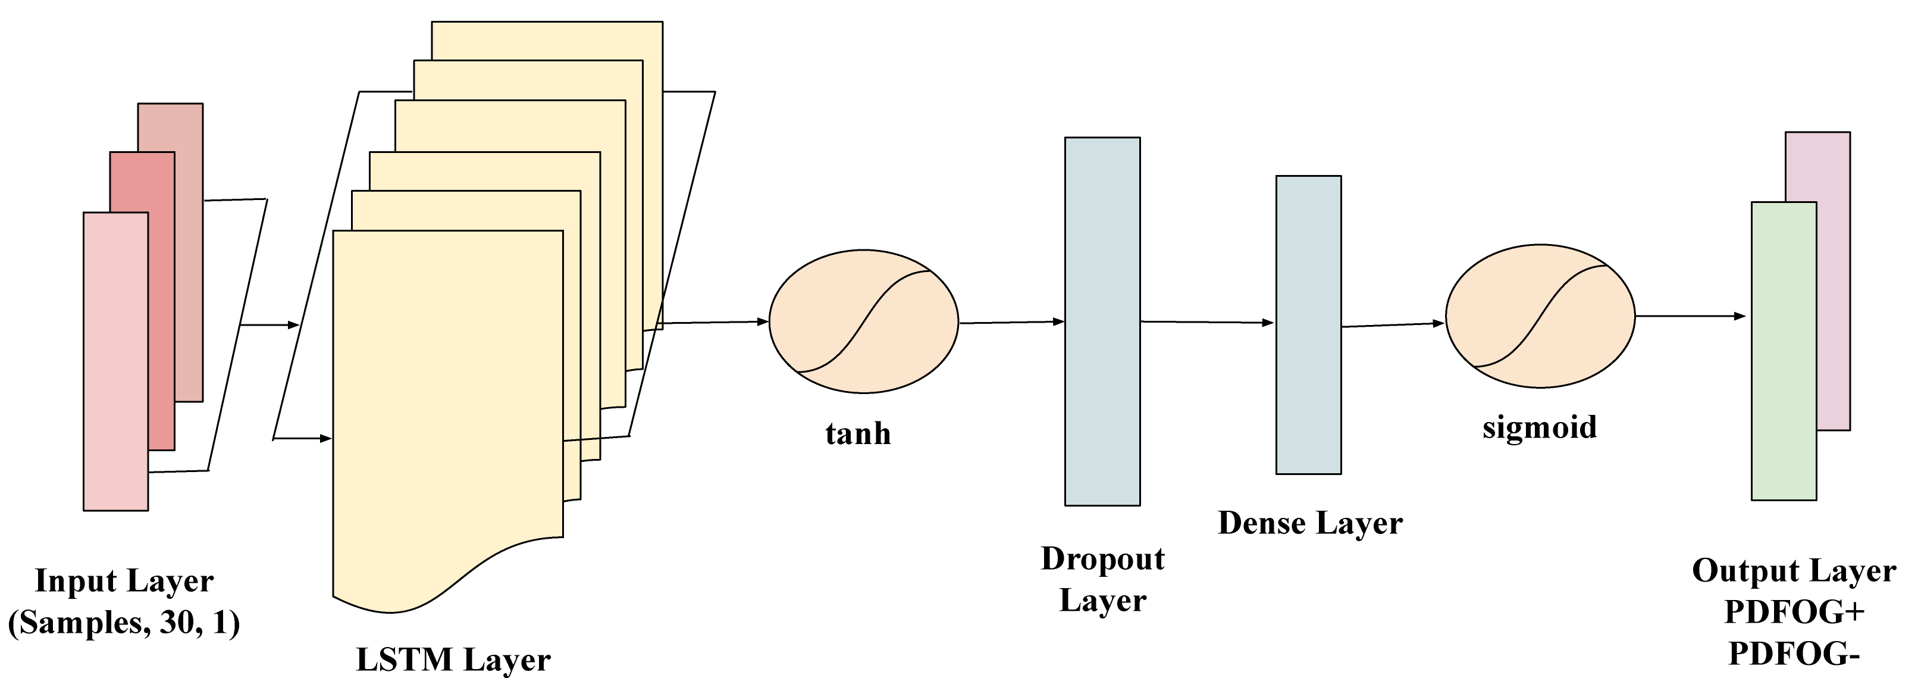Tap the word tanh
(858, 433)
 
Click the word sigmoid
(1539, 427)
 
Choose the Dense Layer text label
(1309, 523)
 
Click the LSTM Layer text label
(453, 660)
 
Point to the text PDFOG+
(1794, 613)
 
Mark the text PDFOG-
(1794, 654)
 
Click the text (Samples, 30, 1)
(124, 623)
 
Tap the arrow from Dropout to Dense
(1207, 323)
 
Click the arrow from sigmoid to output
(1690, 316)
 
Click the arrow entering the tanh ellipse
(714, 323)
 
